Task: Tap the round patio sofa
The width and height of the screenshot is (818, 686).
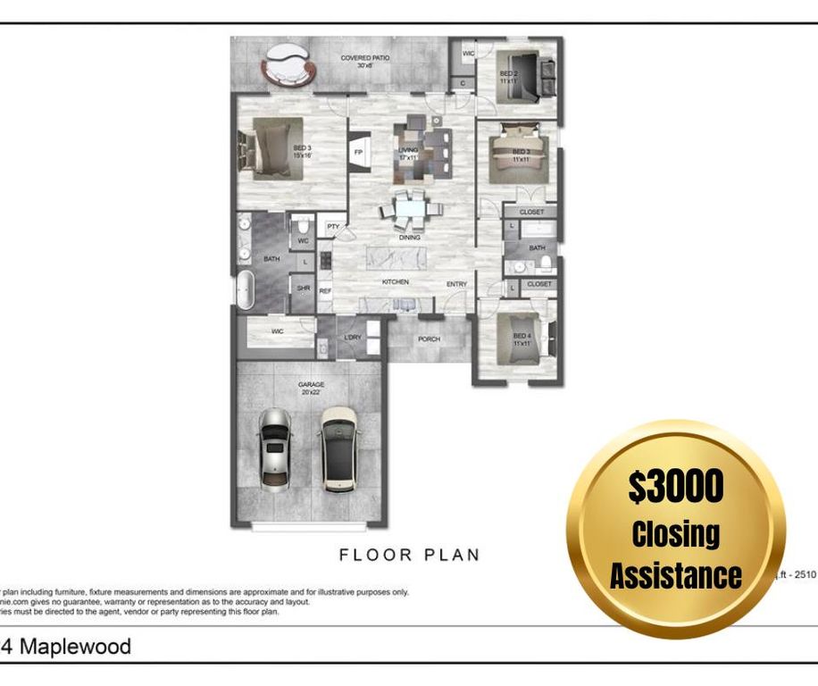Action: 287,69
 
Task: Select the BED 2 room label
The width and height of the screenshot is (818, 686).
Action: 509,77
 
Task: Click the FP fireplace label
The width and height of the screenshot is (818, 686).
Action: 358,152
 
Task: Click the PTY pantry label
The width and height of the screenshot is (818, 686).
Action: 332,227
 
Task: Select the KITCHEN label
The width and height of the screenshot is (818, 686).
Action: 396,281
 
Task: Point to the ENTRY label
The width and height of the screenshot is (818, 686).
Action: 456,284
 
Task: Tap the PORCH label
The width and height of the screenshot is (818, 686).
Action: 429,339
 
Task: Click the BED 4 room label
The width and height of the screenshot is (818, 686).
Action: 522,339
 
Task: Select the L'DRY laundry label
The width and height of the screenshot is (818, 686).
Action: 353,337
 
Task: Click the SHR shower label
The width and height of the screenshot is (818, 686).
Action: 304,289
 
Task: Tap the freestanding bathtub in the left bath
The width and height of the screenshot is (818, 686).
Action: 246,290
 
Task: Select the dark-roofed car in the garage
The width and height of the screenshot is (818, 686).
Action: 338,449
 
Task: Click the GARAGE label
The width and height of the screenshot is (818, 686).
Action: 311,385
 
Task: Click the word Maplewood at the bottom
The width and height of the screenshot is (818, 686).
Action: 75,646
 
